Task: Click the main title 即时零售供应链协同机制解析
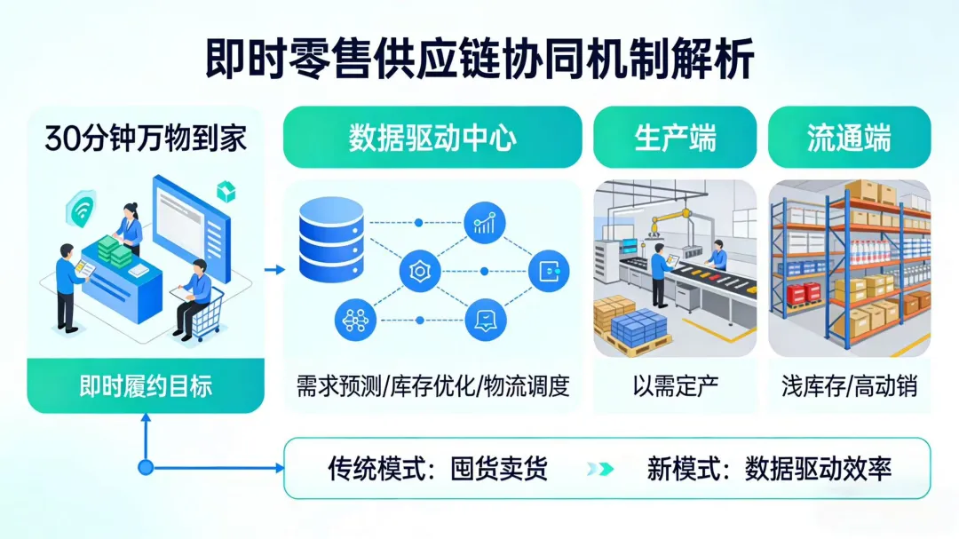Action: point(479,59)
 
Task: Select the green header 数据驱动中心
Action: point(432,139)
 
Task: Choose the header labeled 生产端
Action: point(675,139)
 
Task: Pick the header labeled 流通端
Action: point(849,139)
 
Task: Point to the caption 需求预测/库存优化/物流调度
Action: point(432,387)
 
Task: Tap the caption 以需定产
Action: point(675,386)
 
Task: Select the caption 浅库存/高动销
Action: point(849,386)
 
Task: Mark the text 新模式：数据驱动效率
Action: point(768,468)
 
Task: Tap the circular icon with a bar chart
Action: point(485,223)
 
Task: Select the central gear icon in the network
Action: point(420,272)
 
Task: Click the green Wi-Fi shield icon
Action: point(81,210)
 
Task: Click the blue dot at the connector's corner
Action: point(146,468)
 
